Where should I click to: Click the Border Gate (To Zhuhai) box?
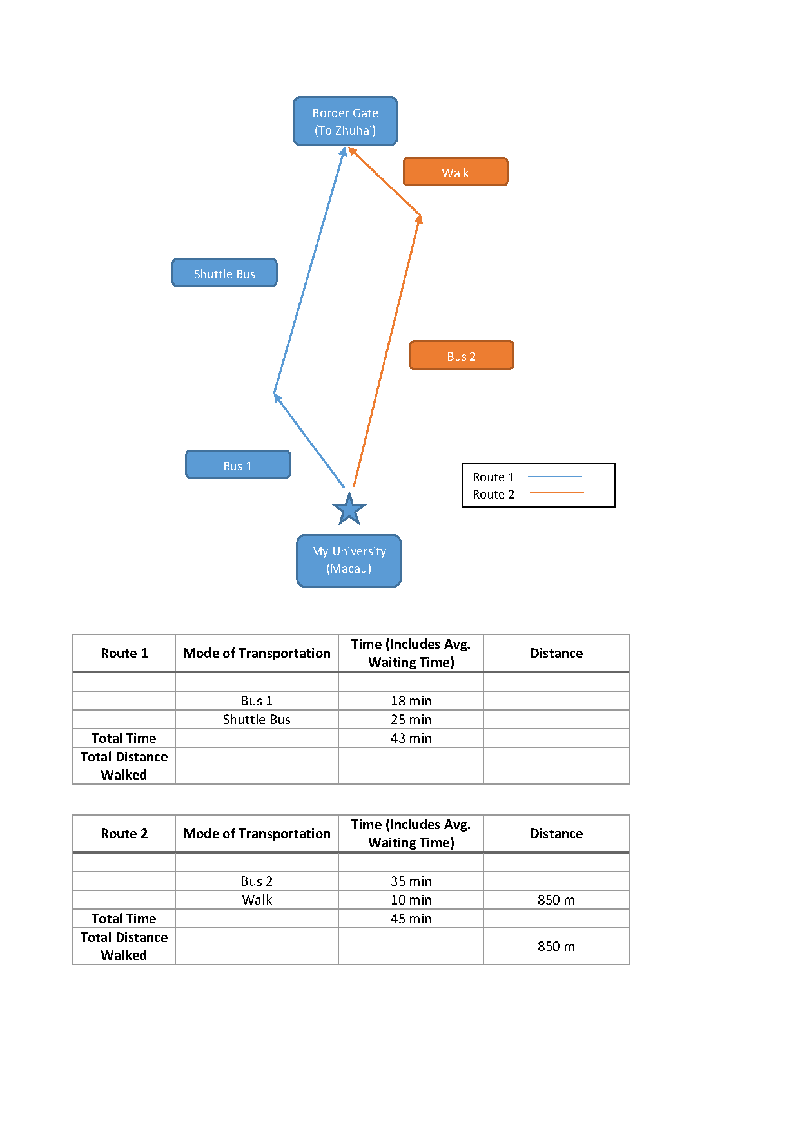click(346, 121)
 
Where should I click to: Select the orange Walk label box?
click(456, 172)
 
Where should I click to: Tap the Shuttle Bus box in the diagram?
click(224, 273)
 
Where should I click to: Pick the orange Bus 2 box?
click(462, 356)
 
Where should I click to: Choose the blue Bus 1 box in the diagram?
click(238, 464)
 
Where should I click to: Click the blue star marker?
click(349, 509)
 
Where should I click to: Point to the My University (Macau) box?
click(349, 560)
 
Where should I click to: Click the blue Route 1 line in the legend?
click(555, 477)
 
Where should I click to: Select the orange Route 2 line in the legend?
click(557, 493)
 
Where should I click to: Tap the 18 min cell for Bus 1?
click(411, 701)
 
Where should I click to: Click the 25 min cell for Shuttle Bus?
click(411, 720)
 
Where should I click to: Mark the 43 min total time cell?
click(411, 738)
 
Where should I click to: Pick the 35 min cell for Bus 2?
click(411, 881)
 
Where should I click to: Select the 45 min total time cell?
click(411, 919)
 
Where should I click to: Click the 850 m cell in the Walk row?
click(556, 900)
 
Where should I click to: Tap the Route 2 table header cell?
click(124, 834)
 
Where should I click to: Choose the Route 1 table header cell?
click(124, 653)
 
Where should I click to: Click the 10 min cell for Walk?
click(411, 900)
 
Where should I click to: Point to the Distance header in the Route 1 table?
click(556, 653)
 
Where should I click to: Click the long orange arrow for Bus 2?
click(387, 351)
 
